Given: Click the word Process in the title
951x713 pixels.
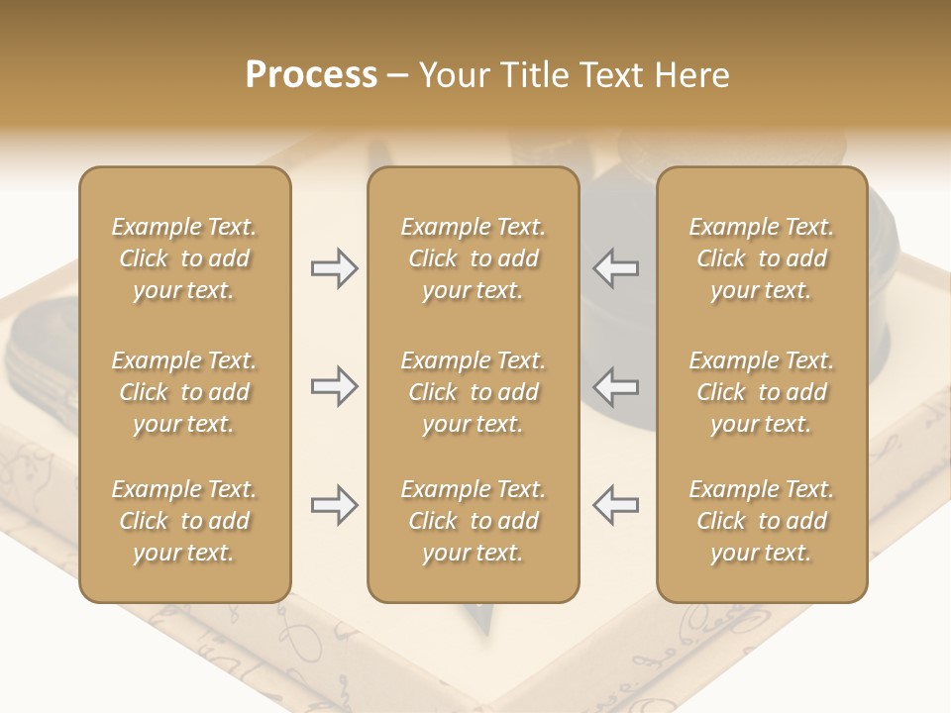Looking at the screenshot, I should pos(311,75).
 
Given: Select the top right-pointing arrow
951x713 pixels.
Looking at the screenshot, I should pos(334,268).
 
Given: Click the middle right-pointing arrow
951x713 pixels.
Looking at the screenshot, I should pos(334,386).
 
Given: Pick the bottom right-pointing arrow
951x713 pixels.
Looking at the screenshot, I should pos(334,505).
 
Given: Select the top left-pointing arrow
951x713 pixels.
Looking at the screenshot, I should pos(616,268).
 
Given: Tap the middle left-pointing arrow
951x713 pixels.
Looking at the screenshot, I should pos(616,386).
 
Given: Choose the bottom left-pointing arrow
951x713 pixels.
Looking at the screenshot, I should pos(616,505).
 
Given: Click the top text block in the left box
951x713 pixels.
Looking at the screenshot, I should pos(184,258).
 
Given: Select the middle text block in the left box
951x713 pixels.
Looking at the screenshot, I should pos(184,392).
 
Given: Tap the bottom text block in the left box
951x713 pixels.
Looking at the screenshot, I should pos(184,521).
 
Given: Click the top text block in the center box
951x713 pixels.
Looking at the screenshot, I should pos(473,258).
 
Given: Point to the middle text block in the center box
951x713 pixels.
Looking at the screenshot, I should pos(473,392).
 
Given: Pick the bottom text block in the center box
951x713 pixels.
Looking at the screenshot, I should pos(473,521).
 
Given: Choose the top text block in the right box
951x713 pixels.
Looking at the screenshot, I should pos(761,258).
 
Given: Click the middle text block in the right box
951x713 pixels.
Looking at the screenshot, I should pos(761,392).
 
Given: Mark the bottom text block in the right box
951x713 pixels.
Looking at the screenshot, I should pos(761,521).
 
